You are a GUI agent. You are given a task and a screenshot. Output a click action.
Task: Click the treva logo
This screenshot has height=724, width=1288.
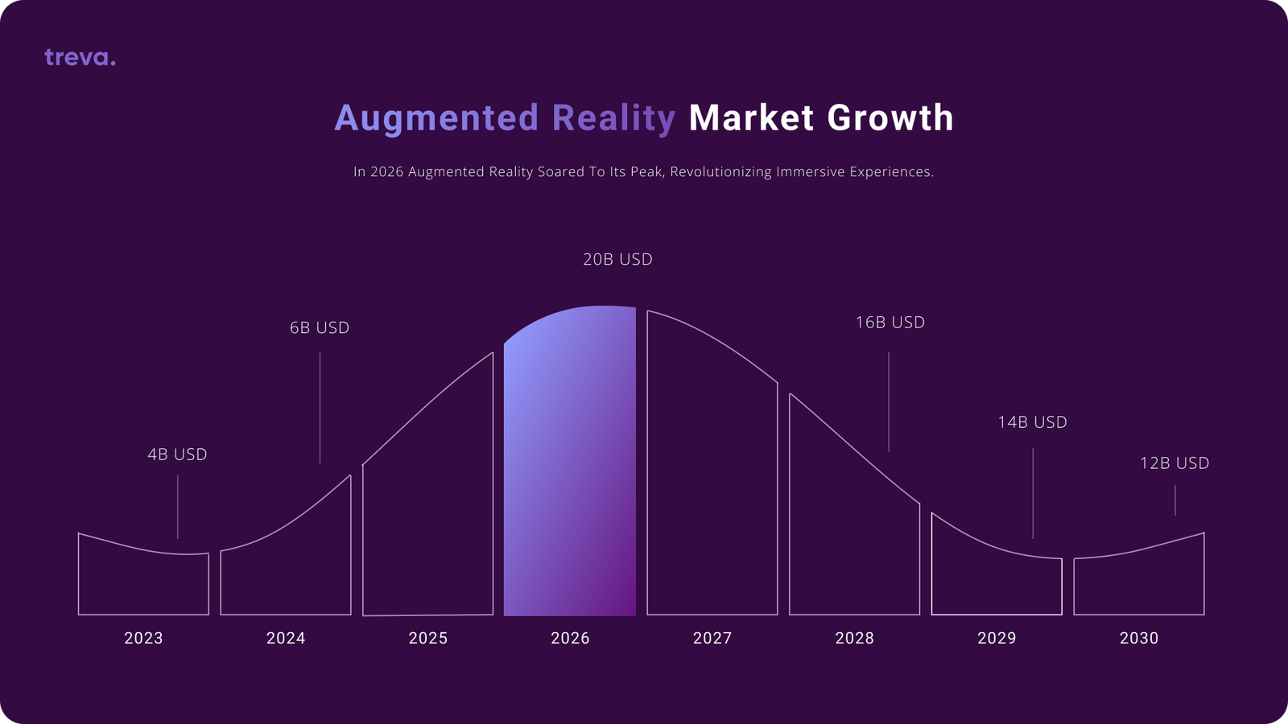(80, 57)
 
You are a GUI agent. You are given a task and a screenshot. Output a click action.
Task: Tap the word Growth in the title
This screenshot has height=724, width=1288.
(890, 117)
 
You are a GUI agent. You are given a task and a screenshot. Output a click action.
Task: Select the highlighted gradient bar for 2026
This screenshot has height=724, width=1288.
(570, 461)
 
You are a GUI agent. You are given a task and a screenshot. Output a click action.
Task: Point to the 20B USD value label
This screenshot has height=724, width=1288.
(618, 260)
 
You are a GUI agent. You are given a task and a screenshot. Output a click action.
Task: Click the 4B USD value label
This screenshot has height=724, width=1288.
(178, 455)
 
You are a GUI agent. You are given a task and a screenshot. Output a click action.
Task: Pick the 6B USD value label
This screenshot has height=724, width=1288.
(320, 327)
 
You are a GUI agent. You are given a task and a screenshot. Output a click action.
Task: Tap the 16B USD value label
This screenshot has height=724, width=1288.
(890, 323)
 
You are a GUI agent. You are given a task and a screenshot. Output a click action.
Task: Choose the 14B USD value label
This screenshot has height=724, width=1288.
(1033, 422)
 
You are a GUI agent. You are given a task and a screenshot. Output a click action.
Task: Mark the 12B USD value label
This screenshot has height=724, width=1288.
(1174, 463)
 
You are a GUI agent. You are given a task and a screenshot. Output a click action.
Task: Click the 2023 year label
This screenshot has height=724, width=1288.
(144, 639)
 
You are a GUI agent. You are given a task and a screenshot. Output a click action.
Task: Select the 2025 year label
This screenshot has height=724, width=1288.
(428, 639)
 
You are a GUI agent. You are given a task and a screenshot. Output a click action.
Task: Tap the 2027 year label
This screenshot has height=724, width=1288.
(712, 639)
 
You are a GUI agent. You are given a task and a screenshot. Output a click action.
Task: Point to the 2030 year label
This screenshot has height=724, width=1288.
(1139, 639)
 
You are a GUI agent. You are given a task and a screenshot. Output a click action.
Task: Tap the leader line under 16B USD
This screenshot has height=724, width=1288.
(889, 402)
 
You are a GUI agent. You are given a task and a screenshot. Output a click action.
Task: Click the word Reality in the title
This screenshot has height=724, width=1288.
(614, 118)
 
